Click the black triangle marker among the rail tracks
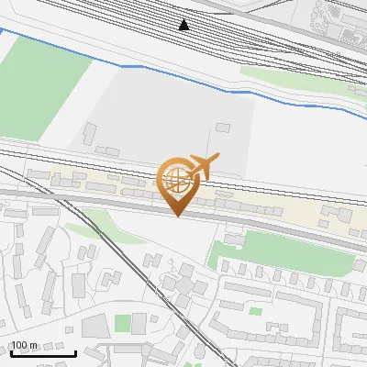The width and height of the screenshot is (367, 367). point(184,25)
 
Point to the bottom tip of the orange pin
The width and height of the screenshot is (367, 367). point(177,217)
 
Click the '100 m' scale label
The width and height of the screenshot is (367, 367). point(24,345)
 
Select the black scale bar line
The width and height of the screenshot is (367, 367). point(43,354)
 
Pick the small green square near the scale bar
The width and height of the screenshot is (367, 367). point(122,323)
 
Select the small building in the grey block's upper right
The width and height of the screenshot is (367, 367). point(223,127)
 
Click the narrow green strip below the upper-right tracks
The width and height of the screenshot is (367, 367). point(294,78)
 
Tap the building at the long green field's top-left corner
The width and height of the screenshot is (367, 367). point(234,239)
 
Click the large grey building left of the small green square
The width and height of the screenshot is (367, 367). point(95,326)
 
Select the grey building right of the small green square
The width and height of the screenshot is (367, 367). point(139,322)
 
